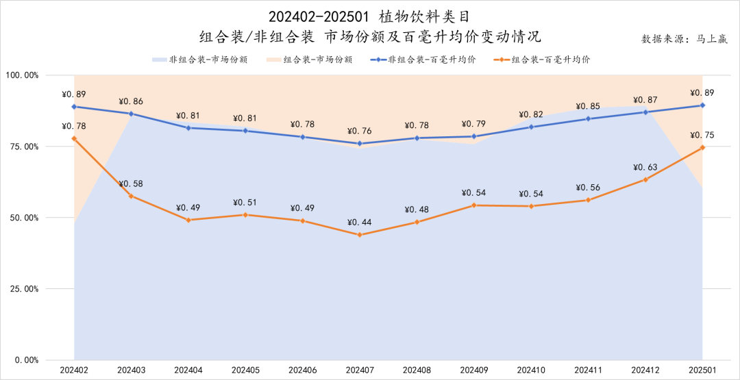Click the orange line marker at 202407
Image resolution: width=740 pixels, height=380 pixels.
click(360, 235)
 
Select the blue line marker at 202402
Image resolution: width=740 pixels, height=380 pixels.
click(74, 106)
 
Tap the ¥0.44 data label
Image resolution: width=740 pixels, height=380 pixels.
click(359, 223)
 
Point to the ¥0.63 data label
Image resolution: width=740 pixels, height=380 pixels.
click(645, 167)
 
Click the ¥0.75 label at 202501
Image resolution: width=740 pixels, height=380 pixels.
click(702, 135)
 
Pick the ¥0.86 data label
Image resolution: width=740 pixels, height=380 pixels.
click(131, 101)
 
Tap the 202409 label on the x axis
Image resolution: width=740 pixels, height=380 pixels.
click(474, 370)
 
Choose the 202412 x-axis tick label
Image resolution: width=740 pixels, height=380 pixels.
click(645, 370)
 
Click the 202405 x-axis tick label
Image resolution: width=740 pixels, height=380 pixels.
click(245, 370)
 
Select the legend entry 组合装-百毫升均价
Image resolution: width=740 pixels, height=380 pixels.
click(541, 60)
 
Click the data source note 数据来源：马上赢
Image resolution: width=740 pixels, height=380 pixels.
click(684, 39)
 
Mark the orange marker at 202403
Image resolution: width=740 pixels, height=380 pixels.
click(131, 196)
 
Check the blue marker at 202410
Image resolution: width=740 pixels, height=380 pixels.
click(531, 127)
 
